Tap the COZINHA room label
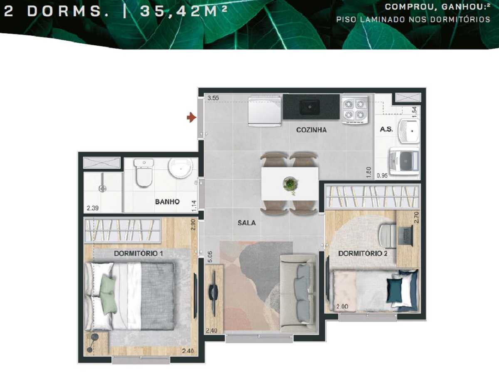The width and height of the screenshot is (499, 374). [x=311, y=130]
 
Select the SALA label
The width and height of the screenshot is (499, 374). [x=247, y=223]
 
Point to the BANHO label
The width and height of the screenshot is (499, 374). [x=167, y=202]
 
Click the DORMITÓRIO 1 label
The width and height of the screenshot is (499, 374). [x=138, y=253]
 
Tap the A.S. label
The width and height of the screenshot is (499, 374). [x=386, y=130]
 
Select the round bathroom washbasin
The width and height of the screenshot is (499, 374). [x=180, y=168]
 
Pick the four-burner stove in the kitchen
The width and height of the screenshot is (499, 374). [x=355, y=110]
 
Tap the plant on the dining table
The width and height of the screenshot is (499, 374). [x=290, y=183]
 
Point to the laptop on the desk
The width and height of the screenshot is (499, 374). [x=405, y=235]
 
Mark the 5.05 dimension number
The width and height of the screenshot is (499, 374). [x=210, y=256]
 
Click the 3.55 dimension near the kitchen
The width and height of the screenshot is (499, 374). [x=213, y=98]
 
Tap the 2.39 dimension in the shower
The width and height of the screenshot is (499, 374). [x=92, y=208]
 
